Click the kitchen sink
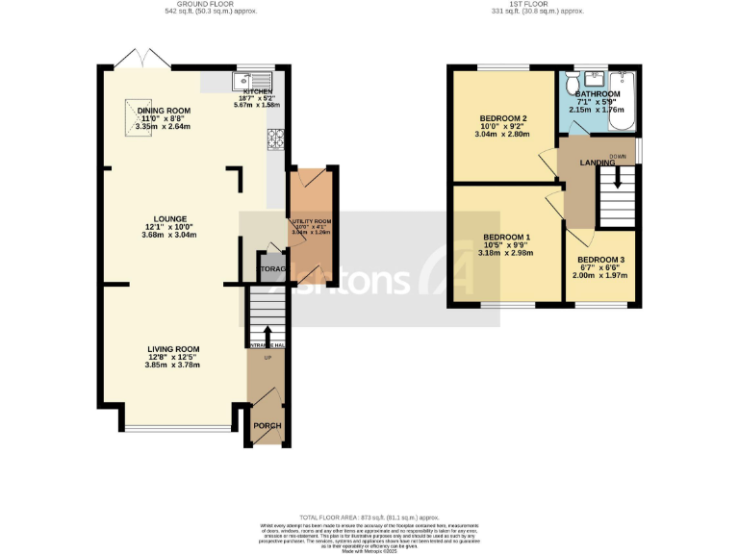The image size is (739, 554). pyautogui.click(x=254, y=81)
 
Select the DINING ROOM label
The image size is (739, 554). pyautogui.click(x=164, y=112)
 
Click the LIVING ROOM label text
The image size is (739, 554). pyautogui.click(x=173, y=349)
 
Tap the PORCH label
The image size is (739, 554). pyautogui.click(x=266, y=425)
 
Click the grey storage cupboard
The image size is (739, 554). pyautogui.click(x=270, y=268)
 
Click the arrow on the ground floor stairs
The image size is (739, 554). pyautogui.click(x=268, y=334)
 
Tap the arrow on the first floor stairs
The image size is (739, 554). pyautogui.click(x=618, y=178)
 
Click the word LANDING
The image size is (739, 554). pyautogui.click(x=598, y=163)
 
